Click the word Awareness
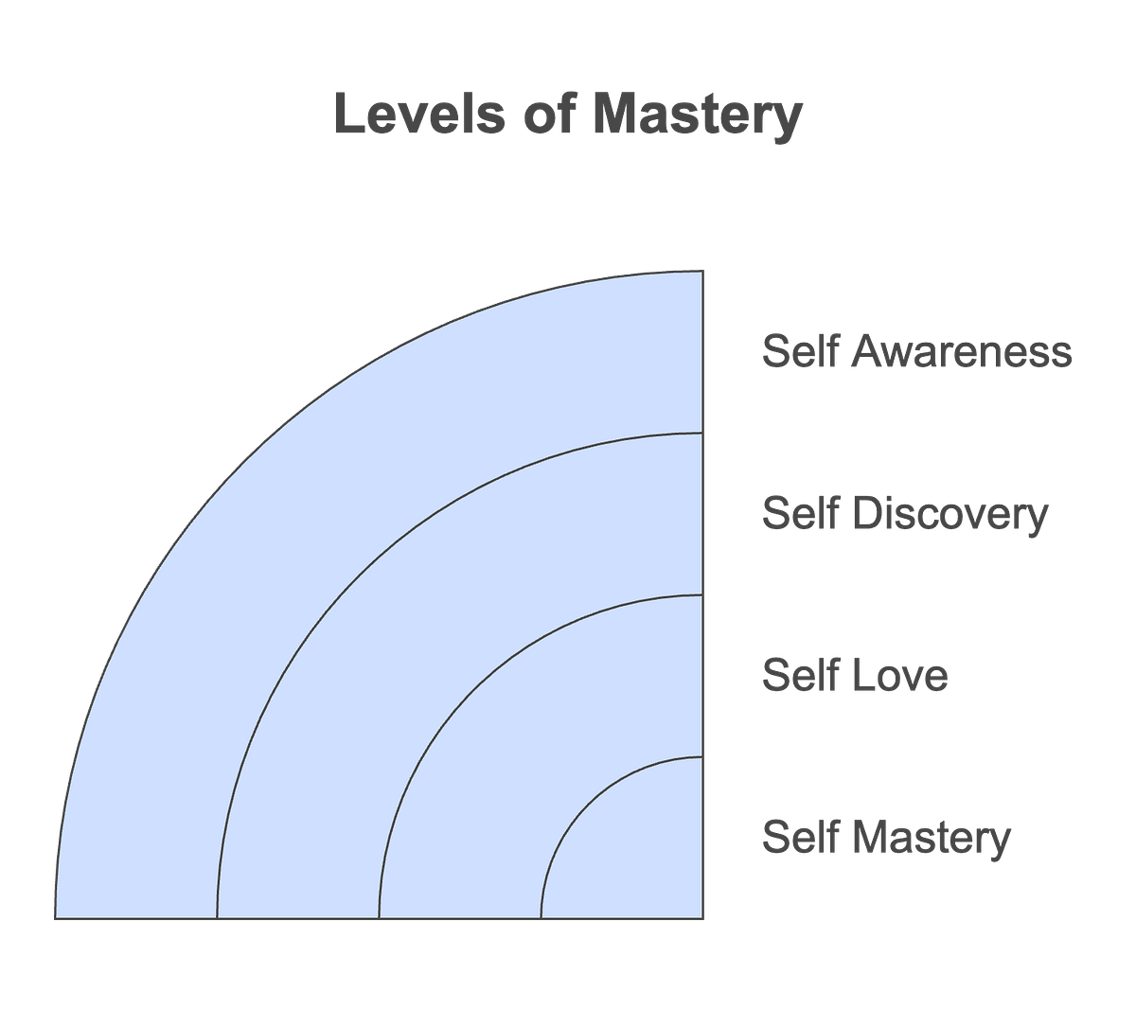pyautogui.click(x=962, y=352)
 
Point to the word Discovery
pyautogui.click(x=952, y=514)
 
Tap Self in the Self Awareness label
pyautogui.click(x=797, y=352)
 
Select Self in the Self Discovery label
pyautogui.click(x=797, y=514)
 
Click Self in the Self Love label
pyautogui.click(x=797, y=676)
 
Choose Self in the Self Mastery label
pyautogui.click(x=797, y=838)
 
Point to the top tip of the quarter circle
pyautogui.click(x=701, y=271)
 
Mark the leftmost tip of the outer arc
pyautogui.click(x=55, y=917)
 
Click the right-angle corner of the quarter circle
pyautogui.click(x=701, y=917)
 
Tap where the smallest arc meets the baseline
pyautogui.click(x=541, y=917)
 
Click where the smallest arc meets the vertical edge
pyautogui.click(x=701, y=757)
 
